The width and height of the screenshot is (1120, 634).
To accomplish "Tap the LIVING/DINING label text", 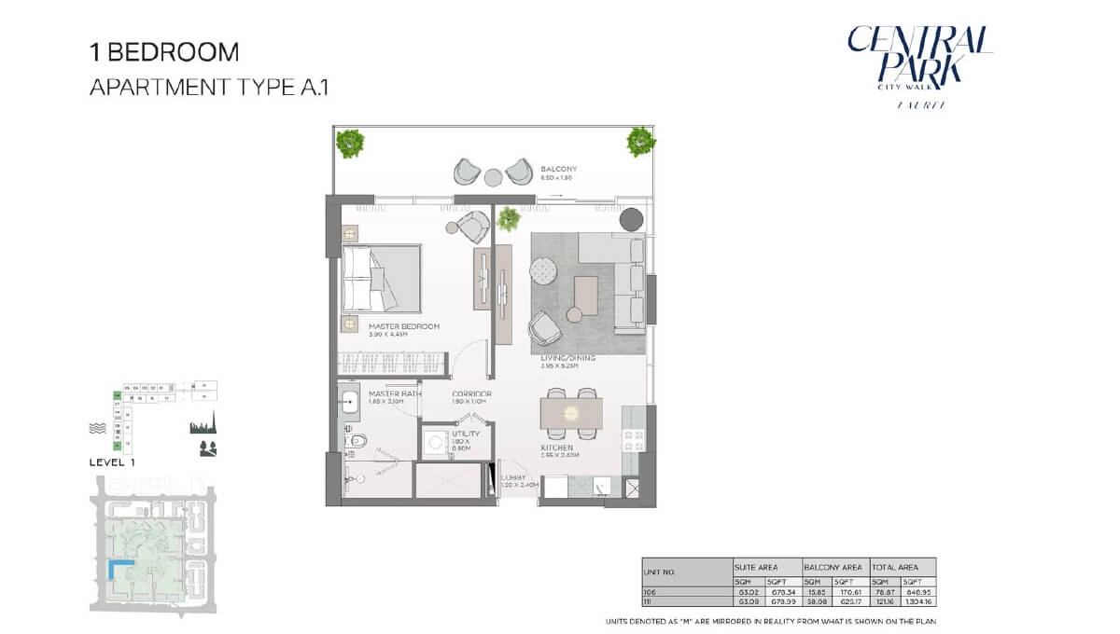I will [567, 358].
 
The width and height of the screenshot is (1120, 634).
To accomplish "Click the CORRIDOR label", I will [471, 394].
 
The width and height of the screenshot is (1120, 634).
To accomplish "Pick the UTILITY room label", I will [466, 434].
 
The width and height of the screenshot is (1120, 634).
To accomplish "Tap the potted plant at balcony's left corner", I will [351, 142].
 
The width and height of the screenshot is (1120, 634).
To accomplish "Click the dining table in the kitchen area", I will [571, 412].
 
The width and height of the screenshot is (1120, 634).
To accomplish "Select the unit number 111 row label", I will [649, 602].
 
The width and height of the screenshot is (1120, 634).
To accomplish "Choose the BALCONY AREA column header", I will [833, 567].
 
